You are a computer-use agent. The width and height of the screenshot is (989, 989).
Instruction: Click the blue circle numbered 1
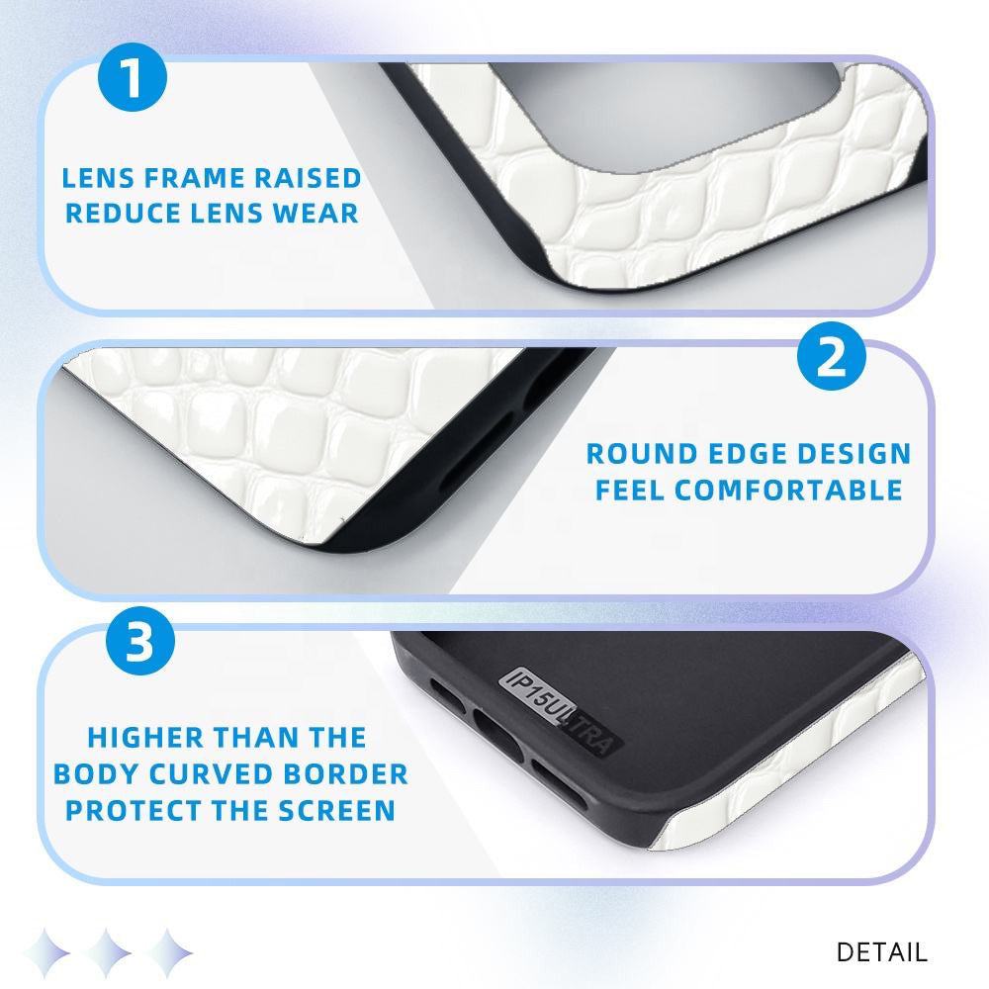tap(133, 77)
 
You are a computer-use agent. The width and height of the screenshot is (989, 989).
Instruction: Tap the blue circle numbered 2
tap(831, 356)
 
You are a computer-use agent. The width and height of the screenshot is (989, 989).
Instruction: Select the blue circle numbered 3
tap(140, 641)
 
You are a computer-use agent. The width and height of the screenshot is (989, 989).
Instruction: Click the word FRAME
tap(193, 178)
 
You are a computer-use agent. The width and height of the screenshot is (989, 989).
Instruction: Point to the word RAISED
tap(308, 178)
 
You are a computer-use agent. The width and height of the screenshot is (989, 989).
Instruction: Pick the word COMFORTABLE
tap(788, 491)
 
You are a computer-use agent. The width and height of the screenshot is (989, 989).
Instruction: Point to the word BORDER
tap(345, 774)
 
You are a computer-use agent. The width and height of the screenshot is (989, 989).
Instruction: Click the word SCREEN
tap(337, 811)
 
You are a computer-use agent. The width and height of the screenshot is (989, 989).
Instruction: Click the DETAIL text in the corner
tap(882, 952)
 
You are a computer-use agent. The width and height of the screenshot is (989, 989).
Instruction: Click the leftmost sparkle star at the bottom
tap(46, 952)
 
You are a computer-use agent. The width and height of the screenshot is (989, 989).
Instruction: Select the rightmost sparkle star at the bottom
tap(168, 952)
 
